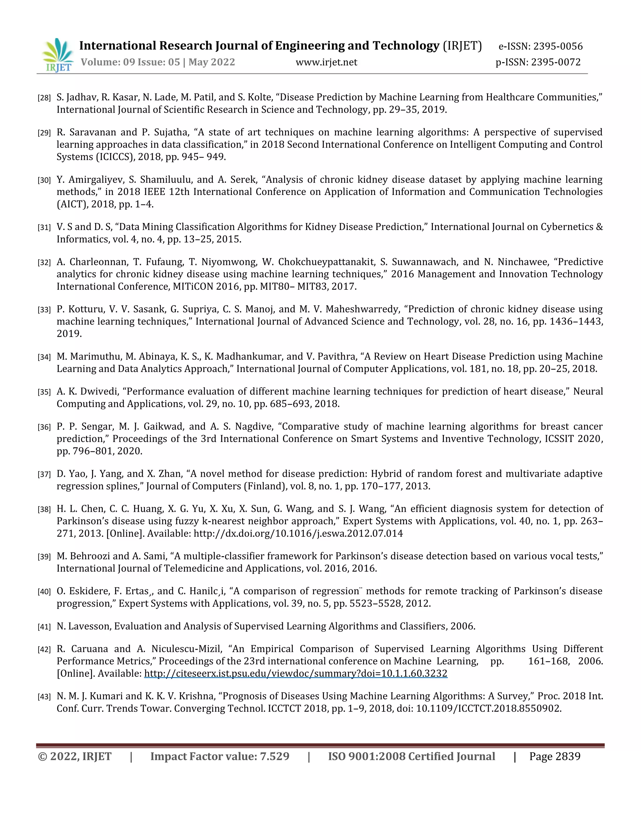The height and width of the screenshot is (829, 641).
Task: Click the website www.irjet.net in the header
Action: click(x=326, y=62)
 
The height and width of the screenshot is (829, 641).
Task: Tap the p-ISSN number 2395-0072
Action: click(x=556, y=62)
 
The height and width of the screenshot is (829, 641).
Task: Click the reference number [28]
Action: click(x=44, y=98)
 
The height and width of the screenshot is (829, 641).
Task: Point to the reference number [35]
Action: click(x=44, y=392)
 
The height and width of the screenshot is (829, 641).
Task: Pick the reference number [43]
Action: click(x=44, y=697)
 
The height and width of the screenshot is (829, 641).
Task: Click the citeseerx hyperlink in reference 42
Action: click(x=296, y=674)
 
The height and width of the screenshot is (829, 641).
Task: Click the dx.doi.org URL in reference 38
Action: click(x=298, y=533)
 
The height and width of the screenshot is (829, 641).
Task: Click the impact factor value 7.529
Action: click(x=274, y=756)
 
